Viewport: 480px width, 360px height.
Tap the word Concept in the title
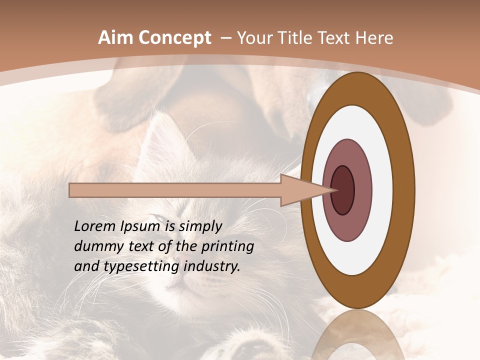[x=174, y=38]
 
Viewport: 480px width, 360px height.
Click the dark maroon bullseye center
[x=342, y=190]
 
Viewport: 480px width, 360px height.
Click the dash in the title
[x=225, y=38]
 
